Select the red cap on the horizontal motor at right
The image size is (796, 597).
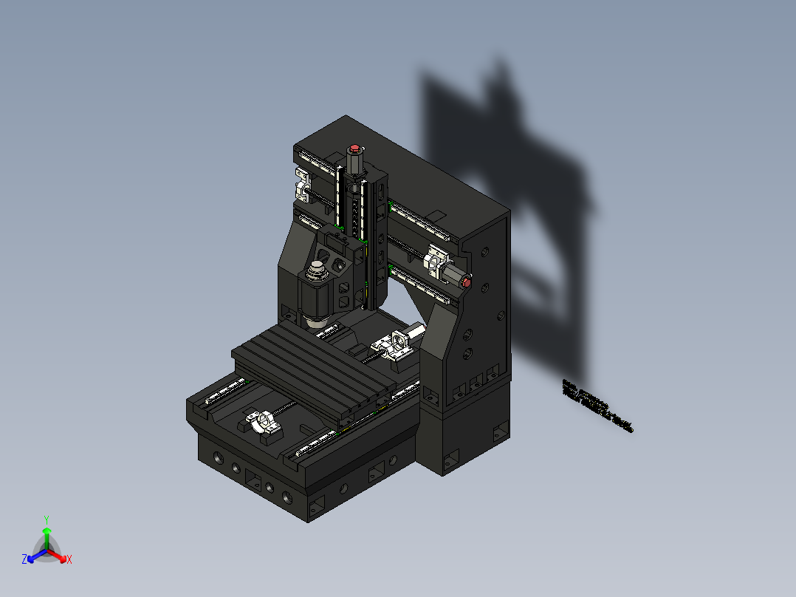coord(466,282)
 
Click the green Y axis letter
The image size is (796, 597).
coord(47,519)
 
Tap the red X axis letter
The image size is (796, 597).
coord(69,559)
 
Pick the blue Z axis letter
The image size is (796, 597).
coord(24,559)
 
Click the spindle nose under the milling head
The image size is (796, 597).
coord(316,319)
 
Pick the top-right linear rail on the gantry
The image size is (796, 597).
coord(419,221)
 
